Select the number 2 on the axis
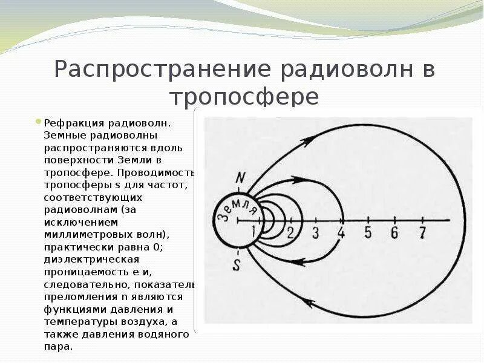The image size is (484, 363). [290, 232]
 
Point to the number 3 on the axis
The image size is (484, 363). [315, 232]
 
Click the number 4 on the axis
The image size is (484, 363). [341, 232]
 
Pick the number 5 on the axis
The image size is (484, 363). [368, 232]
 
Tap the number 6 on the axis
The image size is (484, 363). [394, 232]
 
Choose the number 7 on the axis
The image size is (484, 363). [422, 232]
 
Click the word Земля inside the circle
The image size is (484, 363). [237, 211]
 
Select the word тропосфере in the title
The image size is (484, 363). [244, 97]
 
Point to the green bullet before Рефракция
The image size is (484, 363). [39, 121]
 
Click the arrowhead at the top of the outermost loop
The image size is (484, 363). [307, 140]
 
